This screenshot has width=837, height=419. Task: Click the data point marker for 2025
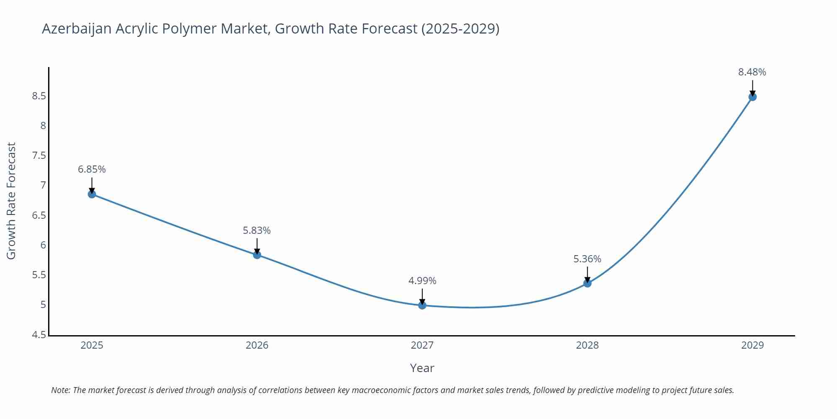pyautogui.click(x=92, y=194)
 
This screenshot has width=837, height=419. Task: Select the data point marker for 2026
pyautogui.click(x=257, y=255)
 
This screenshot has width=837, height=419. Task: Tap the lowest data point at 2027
pyautogui.click(x=422, y=305)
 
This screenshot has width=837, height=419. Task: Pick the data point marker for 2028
pyautogui.click(x=587, y=283)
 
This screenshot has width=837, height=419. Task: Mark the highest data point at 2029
pyautogui.click(x=752, y=97)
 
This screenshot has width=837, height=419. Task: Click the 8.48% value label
pyautogui.click(x=752, y=72)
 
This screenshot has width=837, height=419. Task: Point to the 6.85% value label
pyautogui.click(x=92, y=169)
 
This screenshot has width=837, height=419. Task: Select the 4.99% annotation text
pyautogui.click(x=422, y=281)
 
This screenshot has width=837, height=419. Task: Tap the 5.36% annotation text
pyautogui.click(x=587, y=259)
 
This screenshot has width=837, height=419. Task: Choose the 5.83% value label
pyautogui.click(x=257, y=230)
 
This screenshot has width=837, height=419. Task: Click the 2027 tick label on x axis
pyautogui.click(x=422, y=345)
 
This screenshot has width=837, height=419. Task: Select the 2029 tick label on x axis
pyautogui.click(x=752, y=345)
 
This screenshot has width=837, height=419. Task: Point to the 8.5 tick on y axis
pyautogui.click(x=39, y=96)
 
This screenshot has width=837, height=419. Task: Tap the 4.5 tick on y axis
pyautogui.click(x=39, y=335)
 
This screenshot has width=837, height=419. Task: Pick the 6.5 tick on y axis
pyautogui.click(x=39, y=215)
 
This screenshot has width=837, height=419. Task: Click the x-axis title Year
pyautogui.click(x=422, y=368)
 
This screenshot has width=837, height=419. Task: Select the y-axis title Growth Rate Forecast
pyautogui.click(x=11, y=201)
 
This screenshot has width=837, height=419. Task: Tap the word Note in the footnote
pyautogui.click(x=61, y=390)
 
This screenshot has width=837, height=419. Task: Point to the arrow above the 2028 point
pyautogui.click(x=587, y=274)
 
